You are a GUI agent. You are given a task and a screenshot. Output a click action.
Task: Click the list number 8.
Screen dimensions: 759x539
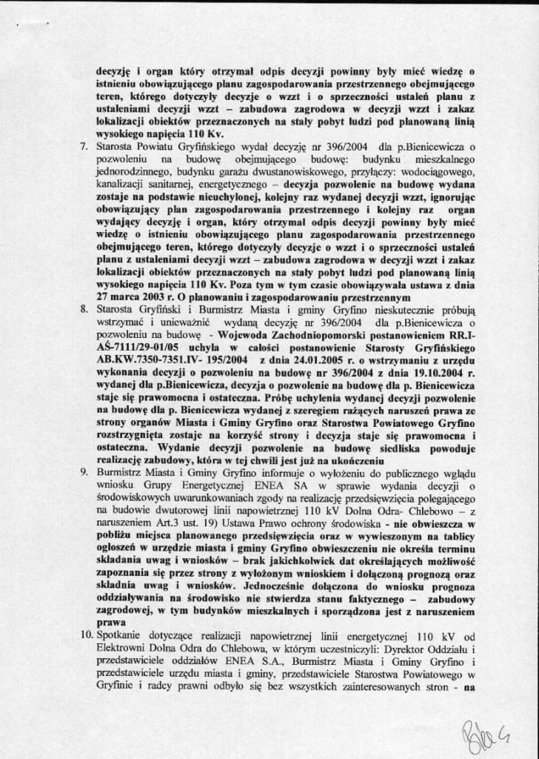pos(83,304)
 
